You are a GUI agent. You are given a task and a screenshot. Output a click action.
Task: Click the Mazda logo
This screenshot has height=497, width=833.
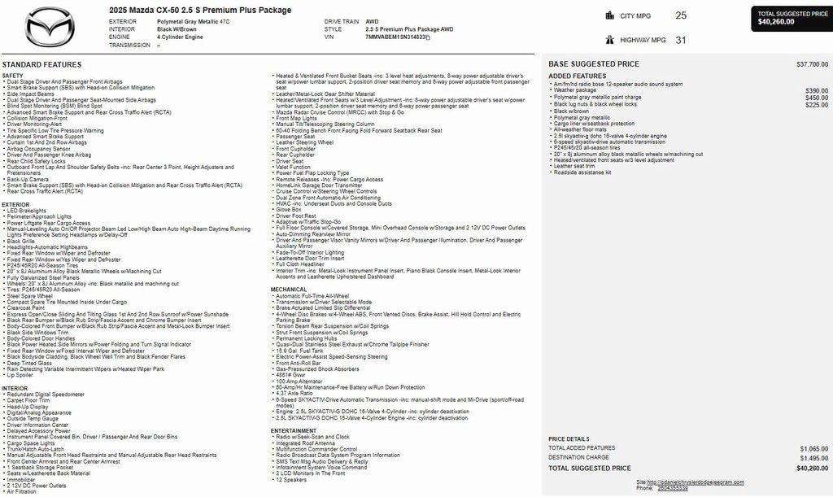pos(50,27)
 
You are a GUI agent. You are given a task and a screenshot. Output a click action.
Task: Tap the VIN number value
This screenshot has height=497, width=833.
pos(398,37)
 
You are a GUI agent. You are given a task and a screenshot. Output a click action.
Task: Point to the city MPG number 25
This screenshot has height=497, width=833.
pos(680,15)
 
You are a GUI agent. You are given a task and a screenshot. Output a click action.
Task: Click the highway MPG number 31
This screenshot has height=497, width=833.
pos(680,40)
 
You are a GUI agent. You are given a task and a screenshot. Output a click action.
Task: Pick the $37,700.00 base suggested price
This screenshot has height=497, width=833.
pos(812,64)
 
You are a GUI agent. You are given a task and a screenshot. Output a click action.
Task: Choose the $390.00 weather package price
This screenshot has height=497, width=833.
pos(816,91)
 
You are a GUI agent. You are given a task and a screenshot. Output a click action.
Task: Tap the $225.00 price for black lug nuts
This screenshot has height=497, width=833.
pos(816,105)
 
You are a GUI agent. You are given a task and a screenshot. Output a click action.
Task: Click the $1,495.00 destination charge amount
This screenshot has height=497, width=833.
pos(813,458)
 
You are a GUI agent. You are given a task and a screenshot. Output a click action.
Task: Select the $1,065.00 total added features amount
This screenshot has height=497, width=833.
pos(813,448)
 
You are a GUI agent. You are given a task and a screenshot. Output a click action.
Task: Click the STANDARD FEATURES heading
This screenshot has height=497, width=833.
pos(41,64)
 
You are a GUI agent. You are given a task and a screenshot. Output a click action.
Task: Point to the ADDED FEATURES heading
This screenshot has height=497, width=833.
pos(577,76)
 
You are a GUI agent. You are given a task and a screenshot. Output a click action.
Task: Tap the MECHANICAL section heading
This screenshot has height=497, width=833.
pos(289,290)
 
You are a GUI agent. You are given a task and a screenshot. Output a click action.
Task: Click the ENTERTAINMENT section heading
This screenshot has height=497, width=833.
pos(294,430)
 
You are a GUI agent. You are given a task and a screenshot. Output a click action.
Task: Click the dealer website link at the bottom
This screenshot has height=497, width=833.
pos(701,482)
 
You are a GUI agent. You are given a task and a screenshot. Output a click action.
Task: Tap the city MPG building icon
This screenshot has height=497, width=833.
pos(610,15)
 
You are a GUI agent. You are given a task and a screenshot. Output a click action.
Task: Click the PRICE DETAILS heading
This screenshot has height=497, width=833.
pos(569,439)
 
